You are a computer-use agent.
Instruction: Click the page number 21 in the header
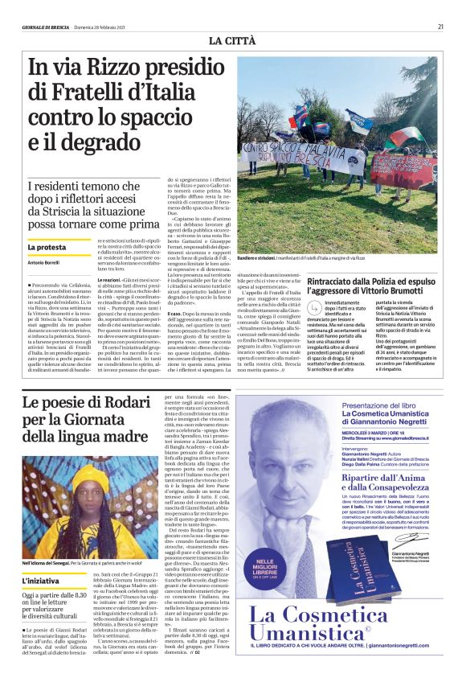click(x=440, y=27)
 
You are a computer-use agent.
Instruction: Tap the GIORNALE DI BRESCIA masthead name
click(x=46, y=27)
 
